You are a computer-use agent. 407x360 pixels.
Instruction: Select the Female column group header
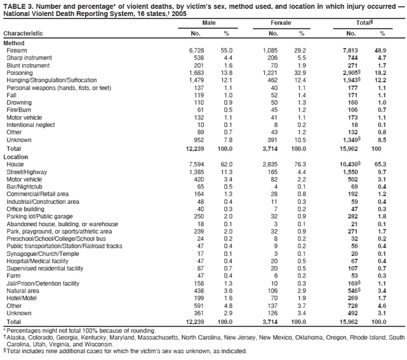click(280, 23)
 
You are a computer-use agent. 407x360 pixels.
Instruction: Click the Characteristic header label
click(23, 33)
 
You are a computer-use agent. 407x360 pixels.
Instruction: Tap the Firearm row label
click(17, 50)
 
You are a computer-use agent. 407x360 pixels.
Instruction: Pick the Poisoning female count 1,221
click(272, 73)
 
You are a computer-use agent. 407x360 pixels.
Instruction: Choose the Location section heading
click(16, 156)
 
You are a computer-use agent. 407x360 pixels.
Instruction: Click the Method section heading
click(14, 42)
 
